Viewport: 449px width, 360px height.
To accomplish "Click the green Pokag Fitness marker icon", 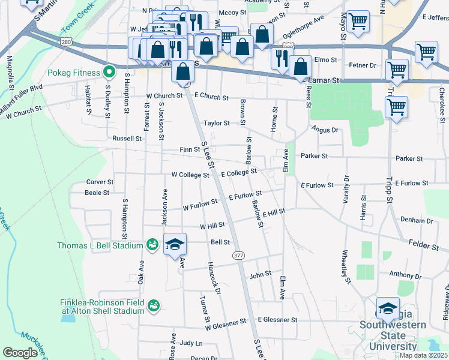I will point(109,73).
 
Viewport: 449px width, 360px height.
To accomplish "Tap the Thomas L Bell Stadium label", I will point(100,245).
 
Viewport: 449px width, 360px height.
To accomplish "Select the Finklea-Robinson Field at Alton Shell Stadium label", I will point(102,306).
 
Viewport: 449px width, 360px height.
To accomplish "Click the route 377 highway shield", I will point(238,256).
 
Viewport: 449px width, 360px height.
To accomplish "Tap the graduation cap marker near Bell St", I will point(175,245).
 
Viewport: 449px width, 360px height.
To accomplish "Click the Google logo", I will point(20,353).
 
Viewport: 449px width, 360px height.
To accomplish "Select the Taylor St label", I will point(216,123).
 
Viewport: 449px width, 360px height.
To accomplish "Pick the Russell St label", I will point(127,138).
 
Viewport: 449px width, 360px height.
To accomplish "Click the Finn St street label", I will point(189,149).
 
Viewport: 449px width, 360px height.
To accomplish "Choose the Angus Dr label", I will point(325,130).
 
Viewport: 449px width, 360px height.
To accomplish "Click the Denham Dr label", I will point(412,220).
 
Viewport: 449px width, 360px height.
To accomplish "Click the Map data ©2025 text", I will point(423,355).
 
